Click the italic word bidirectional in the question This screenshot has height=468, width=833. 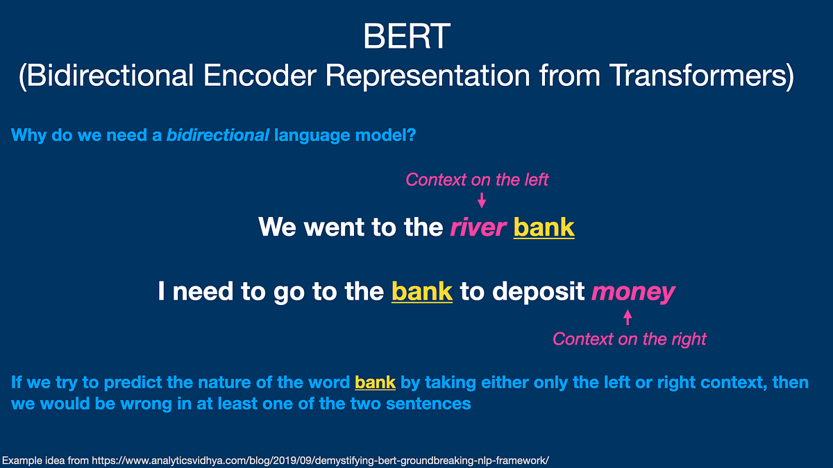tap(217, 135)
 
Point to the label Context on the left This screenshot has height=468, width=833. tap(477, 180)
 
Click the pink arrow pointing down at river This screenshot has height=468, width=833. tap(482, 200)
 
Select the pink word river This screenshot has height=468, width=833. tap(478, 227)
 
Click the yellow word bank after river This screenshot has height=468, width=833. tap(544, 227)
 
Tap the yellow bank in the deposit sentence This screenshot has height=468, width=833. tap(422, 292)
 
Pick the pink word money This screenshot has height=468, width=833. tap(632, 292)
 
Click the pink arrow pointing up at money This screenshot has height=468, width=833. tap(628, 318)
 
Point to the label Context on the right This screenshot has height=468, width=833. tap(629, 339)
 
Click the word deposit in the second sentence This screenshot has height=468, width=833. tap(538, 292)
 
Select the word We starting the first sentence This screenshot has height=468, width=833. tap(277, 227)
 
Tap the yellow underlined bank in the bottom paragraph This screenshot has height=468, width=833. tap(375, 382)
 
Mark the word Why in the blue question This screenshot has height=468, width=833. tap(28, 135)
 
